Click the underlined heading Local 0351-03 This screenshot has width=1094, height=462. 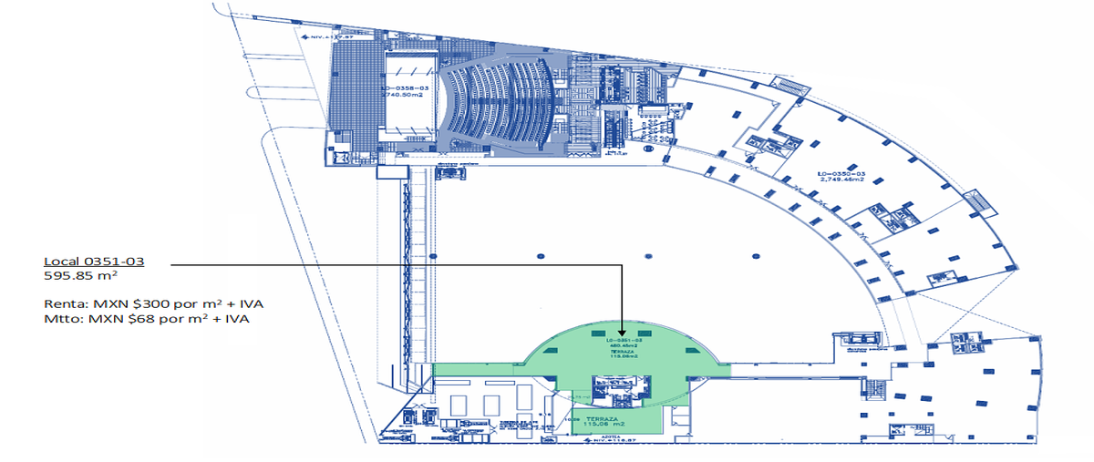coord(94,262)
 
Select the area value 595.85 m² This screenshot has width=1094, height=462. coord(82,275)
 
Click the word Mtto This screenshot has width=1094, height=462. coord(62,319)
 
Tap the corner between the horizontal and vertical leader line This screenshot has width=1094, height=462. coord(622,265)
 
